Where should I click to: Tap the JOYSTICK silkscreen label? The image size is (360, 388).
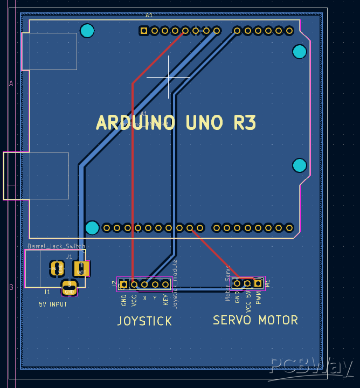click(x=144, y=321)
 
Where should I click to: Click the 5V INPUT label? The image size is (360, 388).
click(x=53, y=304)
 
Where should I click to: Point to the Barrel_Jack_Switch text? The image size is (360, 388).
click(x=56, y=246)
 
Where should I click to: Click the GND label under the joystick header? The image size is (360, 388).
click(x=124, y=300)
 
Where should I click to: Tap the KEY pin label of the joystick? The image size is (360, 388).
click(x=166, y=299)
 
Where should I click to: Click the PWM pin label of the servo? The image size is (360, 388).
click(x=258, y=298)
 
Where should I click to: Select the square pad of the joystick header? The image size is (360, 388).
click(x=123, y=284)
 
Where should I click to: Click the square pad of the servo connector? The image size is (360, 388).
click(x=258, y=283)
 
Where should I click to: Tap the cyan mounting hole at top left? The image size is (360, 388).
click(x=87, y=31)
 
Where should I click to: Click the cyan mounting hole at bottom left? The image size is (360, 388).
click(x=92, y=228)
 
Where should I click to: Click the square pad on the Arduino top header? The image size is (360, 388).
click(x=144, y=31)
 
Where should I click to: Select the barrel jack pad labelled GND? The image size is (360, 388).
click(x=69, y=288)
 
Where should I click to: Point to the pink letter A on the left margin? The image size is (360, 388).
click(x=10, y=83)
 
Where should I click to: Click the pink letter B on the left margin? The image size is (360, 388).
click(x=10, y=287)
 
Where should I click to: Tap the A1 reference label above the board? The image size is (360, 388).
click(x=149, y=15)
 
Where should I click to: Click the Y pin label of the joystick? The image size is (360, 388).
click(x=155, y=297)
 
